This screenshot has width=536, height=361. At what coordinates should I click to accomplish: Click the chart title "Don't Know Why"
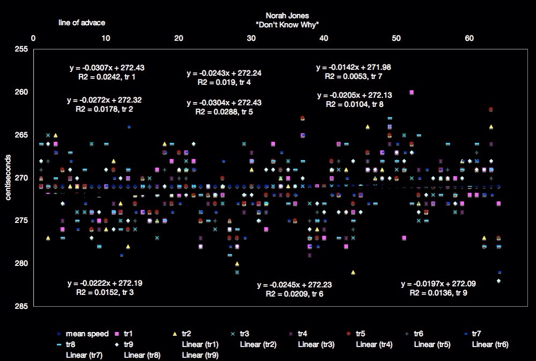click(288, 25)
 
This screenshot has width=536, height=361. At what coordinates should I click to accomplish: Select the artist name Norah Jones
click(288, 16)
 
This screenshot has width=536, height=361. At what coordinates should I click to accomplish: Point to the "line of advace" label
click(82, 23)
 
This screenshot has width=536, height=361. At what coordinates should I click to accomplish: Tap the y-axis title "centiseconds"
click(8, 176)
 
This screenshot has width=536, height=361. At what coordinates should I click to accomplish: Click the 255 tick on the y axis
click(21, 49)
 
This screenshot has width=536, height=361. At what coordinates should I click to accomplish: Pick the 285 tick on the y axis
click(21, 306)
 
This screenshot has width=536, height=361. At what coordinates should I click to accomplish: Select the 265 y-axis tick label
click(21, 135)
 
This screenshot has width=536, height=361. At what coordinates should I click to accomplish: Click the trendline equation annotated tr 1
click(107, 68)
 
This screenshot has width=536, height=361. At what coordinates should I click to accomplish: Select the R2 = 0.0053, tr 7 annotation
click(354, 77)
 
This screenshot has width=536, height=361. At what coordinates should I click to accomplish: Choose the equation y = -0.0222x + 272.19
click(105, 283)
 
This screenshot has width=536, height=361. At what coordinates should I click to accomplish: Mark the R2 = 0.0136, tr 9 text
click(438, 293)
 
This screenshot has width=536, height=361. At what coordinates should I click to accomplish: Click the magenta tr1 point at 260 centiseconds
click(412, 92)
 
